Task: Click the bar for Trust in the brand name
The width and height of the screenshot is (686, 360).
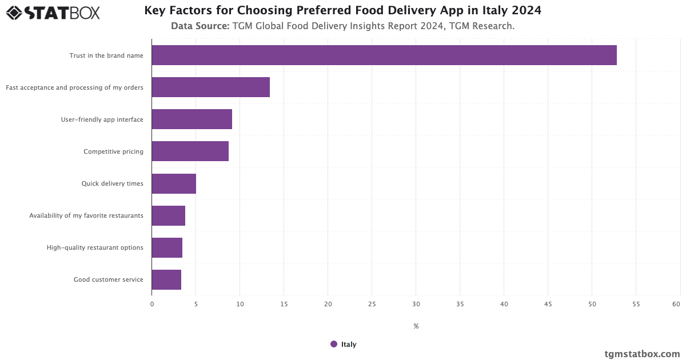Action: point(384,55)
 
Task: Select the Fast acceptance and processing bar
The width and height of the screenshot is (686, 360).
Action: point(210,87)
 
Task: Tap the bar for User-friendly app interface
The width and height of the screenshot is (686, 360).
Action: point(192,119)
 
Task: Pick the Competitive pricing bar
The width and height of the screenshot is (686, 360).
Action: point(190,151)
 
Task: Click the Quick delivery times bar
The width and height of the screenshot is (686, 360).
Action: point(174,183)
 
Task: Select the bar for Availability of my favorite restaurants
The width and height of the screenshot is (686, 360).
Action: point(169,215)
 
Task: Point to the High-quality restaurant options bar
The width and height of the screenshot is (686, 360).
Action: point(167,247)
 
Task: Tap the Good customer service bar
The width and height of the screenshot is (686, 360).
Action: point(166,279)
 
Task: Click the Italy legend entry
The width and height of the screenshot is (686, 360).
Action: point(344,344)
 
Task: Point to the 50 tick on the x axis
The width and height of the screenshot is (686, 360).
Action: point(592,304)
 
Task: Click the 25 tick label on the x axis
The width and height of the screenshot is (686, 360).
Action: point(372,304)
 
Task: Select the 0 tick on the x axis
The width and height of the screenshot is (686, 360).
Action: point(152,304)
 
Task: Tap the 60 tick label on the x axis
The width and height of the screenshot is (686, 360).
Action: point(676,304)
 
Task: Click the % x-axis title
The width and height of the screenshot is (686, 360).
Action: point(416,326)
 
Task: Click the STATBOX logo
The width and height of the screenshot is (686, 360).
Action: point(53,13)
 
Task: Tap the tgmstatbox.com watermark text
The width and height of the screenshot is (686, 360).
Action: point(642,354)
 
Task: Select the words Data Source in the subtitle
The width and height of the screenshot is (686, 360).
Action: point(200,26)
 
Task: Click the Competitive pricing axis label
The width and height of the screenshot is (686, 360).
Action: point(113,151)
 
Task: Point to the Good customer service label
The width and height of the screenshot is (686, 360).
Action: point(109,279)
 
